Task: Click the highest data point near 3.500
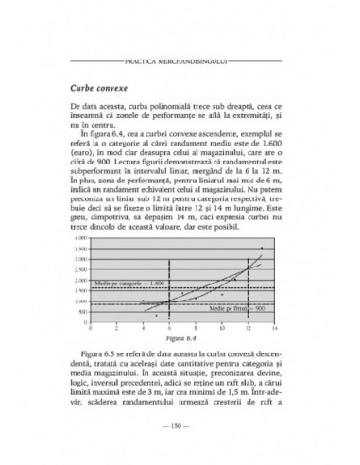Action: pos(261,249)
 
